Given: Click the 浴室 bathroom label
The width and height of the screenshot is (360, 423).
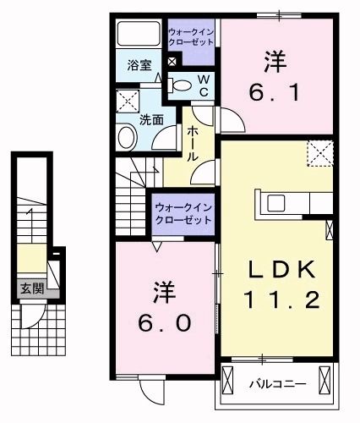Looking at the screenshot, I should [139, 63].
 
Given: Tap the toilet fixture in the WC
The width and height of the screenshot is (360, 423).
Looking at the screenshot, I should [180, 85].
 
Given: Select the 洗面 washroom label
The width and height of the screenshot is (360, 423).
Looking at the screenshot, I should [151, 119].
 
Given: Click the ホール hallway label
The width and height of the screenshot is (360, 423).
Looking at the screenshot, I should [192, 145].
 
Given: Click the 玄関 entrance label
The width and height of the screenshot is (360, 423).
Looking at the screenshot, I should [32, 288].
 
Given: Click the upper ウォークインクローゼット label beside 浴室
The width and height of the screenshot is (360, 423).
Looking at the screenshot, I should [191, 37].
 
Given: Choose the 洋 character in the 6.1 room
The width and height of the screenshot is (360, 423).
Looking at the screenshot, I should [274, 60].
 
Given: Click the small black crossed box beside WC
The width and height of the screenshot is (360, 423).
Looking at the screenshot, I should [172, 62].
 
